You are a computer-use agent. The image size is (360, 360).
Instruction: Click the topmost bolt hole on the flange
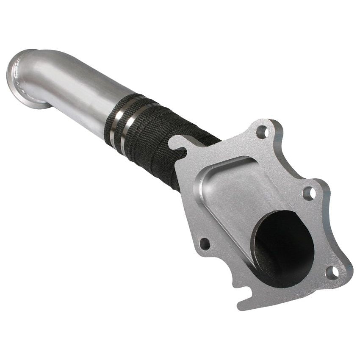pyautogui.click(x=262, y=131)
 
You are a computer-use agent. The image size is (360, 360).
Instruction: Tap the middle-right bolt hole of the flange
pyautogui.click(x=309, y=194)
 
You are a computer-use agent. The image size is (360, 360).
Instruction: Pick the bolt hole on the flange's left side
pyautogui.click(x=204, y=244)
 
